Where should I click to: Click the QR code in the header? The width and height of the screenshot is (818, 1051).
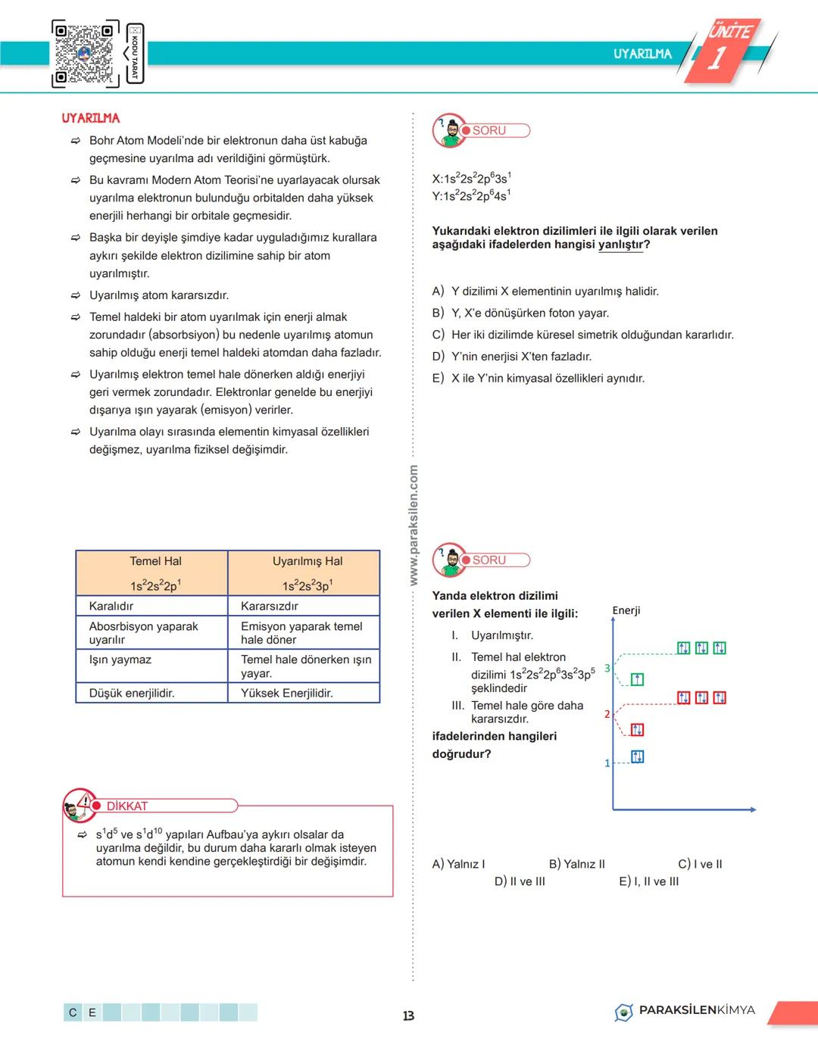[85, 53]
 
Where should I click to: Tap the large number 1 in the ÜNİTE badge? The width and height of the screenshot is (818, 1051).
[717, 58]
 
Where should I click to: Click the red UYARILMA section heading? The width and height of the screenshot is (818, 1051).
[91, 118]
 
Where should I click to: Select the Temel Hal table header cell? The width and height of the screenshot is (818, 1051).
[155, 572]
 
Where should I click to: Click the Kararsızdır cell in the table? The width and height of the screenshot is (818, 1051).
[270, 606]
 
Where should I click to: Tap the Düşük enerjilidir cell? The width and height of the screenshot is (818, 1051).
[132, 693]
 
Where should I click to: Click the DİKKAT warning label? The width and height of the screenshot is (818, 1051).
[127, 806]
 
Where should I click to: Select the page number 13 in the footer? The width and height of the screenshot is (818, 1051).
[408, 1015]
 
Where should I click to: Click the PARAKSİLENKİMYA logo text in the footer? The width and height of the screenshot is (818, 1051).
[696, 1010]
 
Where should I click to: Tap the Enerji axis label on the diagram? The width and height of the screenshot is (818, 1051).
[626, 610]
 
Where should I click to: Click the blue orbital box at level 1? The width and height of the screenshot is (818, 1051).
[637, 756]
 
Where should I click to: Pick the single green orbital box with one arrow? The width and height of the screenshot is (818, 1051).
[637, 679]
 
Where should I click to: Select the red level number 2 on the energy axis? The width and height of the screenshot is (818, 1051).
[607, 714]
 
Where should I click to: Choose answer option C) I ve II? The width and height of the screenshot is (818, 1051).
[700, 864]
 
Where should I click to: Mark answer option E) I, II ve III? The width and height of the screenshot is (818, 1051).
[648, 881]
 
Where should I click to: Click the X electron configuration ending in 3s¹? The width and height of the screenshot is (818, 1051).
[471, 179]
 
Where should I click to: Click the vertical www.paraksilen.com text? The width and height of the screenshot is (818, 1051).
[414, 525]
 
